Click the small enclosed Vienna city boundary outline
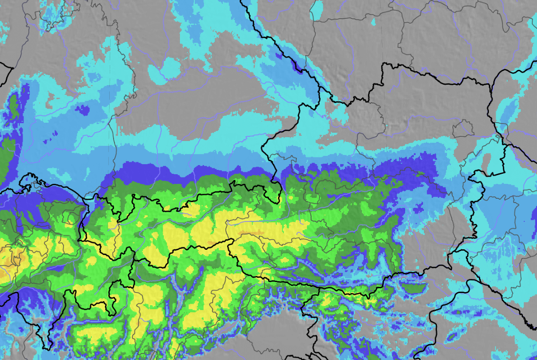[x=463, y=129]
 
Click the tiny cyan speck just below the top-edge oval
[x=374, y=22]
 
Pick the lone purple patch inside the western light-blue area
[x=82, y=110]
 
